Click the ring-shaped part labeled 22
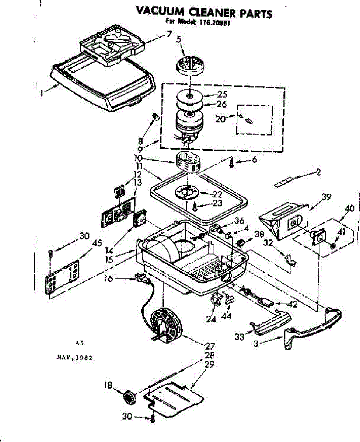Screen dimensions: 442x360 (187, 192)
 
